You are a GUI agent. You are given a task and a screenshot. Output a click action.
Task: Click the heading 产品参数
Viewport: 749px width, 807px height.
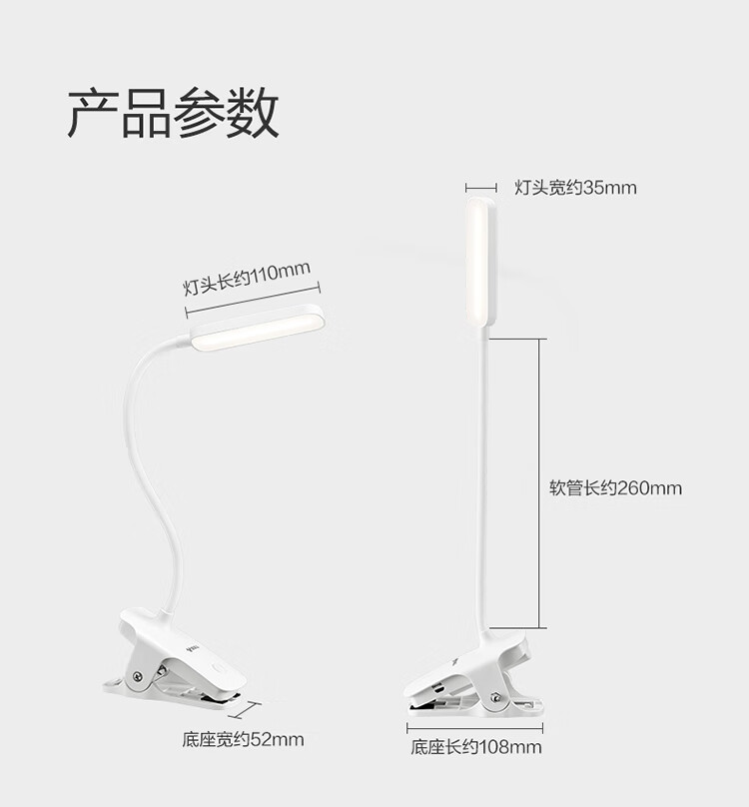tap(173, 113)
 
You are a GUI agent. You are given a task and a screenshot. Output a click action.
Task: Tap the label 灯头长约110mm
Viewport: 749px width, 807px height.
tap(247, 278)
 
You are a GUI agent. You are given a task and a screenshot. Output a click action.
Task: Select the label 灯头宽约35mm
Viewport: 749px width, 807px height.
tap(575, 188)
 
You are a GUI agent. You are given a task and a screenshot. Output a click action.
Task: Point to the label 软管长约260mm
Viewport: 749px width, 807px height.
tap(615, 487)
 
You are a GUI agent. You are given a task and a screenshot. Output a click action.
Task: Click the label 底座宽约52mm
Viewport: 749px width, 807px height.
tap(243, 739)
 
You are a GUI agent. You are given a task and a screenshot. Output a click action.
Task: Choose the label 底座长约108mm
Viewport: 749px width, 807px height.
tap(476, 747)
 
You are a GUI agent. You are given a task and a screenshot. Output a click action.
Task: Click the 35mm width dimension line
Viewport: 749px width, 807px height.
tap(481, 188)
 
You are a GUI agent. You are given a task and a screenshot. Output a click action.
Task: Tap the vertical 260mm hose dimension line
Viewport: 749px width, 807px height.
tap(539, 483)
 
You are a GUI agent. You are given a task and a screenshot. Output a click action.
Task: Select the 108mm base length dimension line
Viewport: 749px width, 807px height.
tap(474, 728)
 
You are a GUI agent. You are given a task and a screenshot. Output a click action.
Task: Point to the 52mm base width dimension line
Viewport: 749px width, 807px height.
tap(246, 710)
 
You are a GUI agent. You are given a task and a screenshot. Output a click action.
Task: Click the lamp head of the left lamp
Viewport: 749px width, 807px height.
tap(258, 329)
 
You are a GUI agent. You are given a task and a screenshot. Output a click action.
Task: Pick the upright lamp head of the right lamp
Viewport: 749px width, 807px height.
tap(481, 262)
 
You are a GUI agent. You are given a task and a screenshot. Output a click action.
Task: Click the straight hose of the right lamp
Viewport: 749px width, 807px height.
tap(482, 483)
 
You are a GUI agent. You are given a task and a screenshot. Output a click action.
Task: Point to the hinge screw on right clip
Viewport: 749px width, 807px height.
tap(495, 698)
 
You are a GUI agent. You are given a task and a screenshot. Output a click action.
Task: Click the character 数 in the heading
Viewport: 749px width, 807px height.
tap(253, 113)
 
